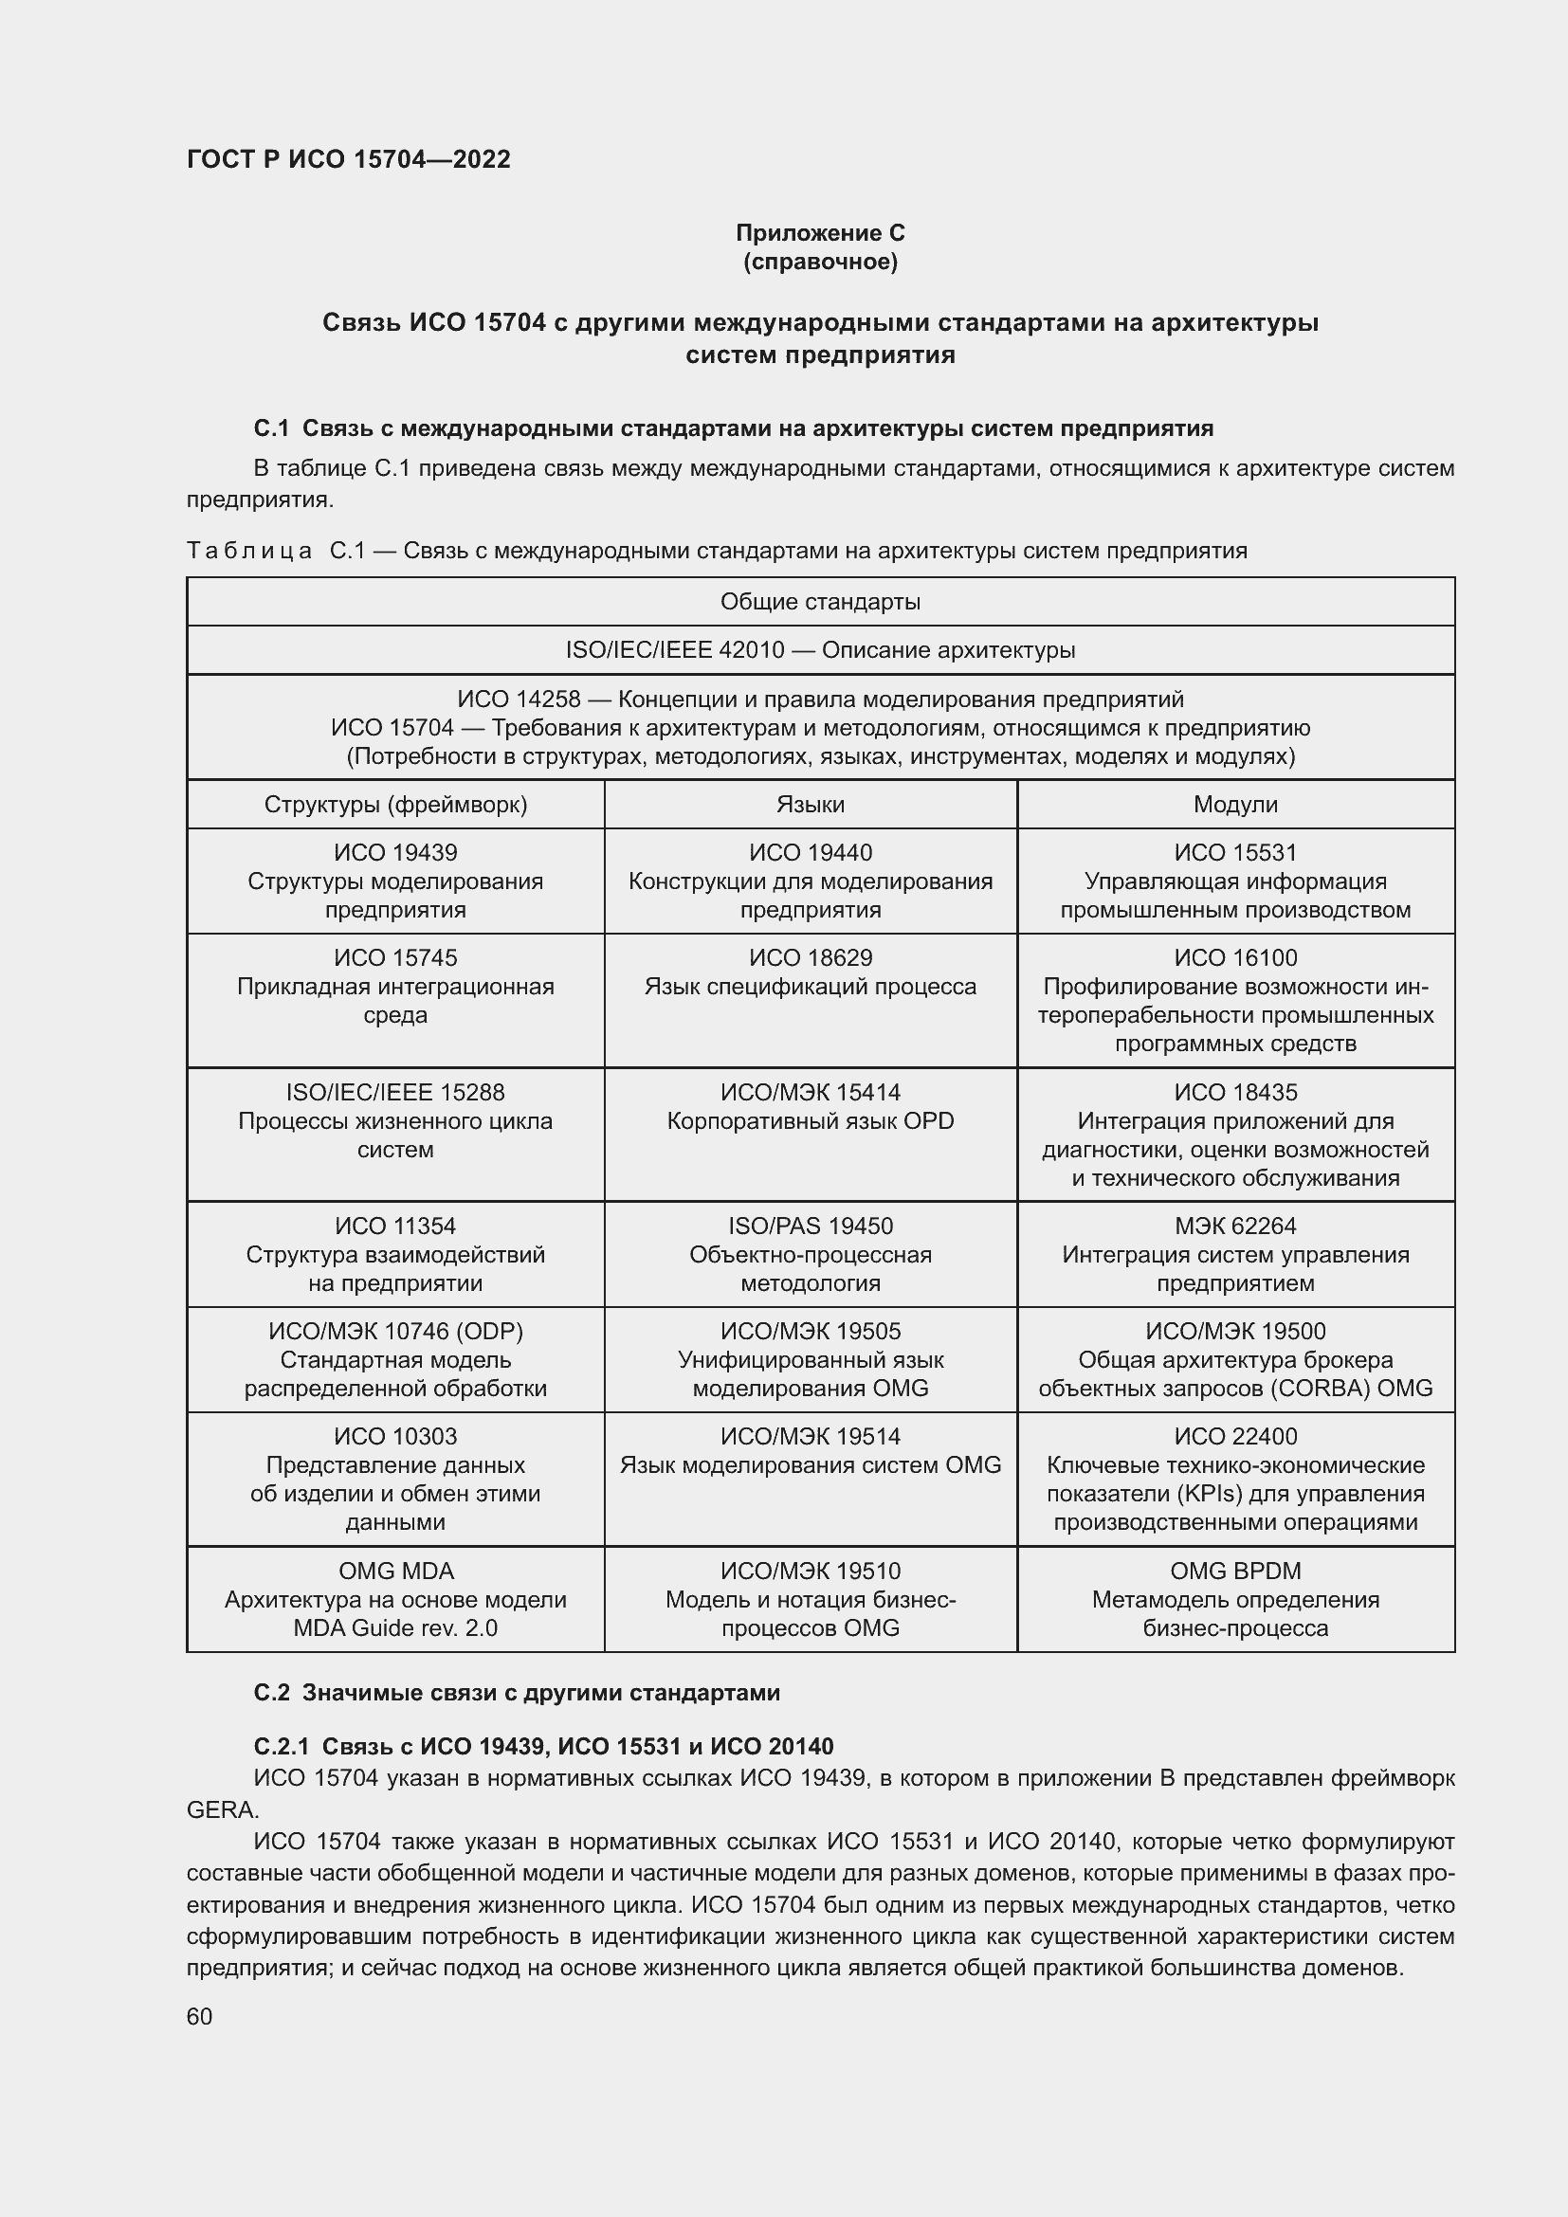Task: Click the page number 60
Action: pos(199,2016)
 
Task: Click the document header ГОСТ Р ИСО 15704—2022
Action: pos(349,159)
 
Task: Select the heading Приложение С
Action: pos(820,233)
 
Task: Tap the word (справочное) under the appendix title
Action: pos(820,262)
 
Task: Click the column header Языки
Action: pos(810,805)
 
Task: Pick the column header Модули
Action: pos(1235,805)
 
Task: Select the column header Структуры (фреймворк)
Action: pos(396,805)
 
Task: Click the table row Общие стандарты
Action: pos(820,602)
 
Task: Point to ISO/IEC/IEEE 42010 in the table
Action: pos(675,650)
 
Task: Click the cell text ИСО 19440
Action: pos(810,853)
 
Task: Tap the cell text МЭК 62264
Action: pos(1235,1226)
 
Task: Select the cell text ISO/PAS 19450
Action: pos(810,1226)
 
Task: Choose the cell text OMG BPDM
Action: pos(1235,1571)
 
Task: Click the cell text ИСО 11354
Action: pos(396,1226)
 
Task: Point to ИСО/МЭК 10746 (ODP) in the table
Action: pos(396,1331)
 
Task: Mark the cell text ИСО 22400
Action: pos(1235,1436)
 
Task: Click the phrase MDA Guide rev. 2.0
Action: pos(396,1628)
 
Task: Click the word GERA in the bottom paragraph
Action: pos(220,1809)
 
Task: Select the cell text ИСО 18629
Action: pos(810,958)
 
